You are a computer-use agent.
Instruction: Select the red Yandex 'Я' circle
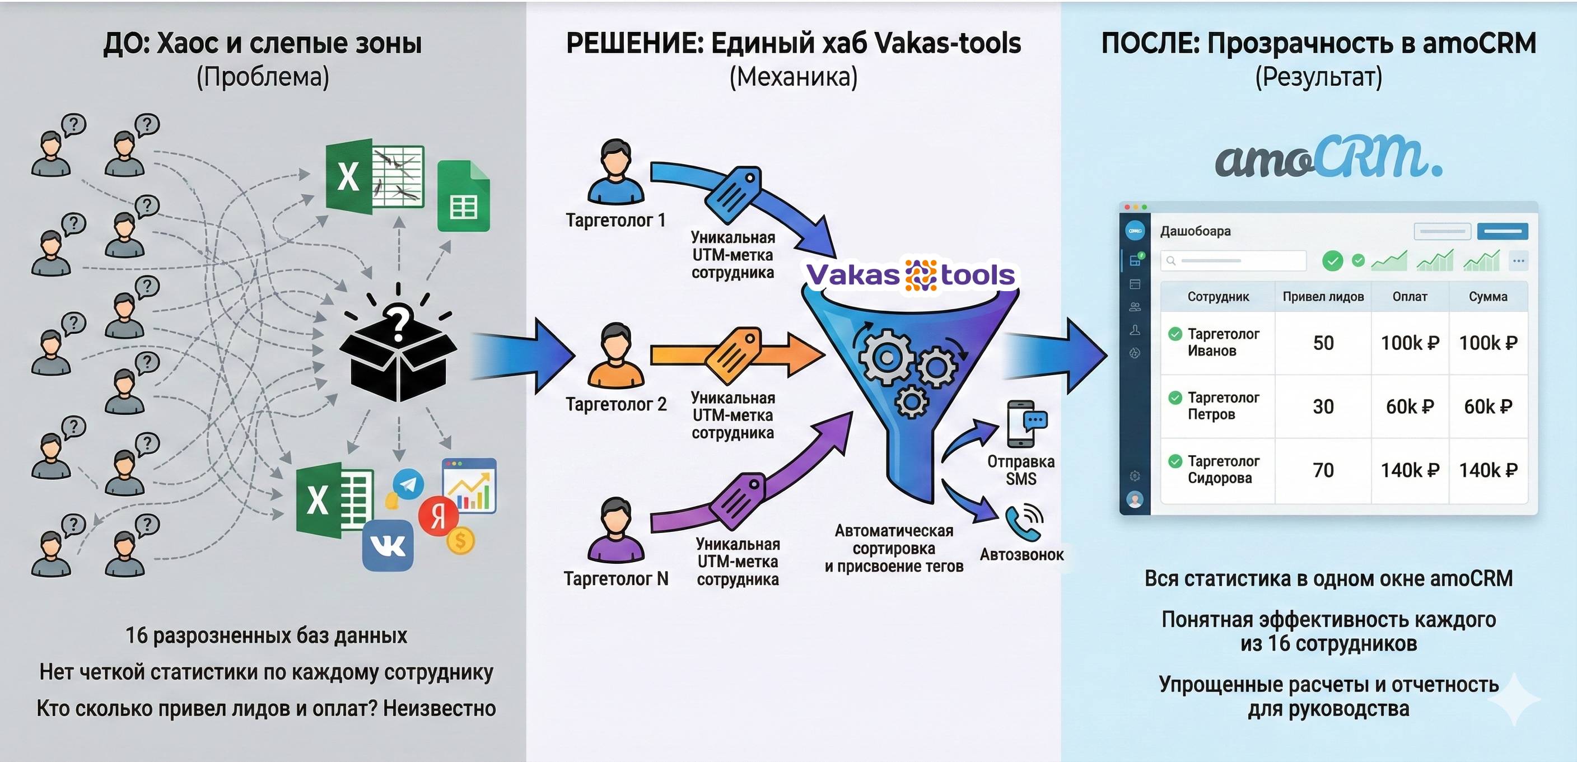pyautogui.click(x=438, y=516)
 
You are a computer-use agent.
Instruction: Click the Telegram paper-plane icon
pyautogui.click(x=408, y=484)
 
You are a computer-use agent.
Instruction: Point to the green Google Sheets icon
pyautogui.click(x=464, y=197)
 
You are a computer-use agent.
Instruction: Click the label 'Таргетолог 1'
pyautogui.click(x=615, y=221)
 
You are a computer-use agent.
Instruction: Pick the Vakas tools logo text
pyautogui.click(x=911, y=275)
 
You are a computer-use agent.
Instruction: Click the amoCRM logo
pyautogui.click(x=1328, y=157)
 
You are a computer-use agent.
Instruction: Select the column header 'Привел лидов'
pyautogui.click(x=1323, y=297)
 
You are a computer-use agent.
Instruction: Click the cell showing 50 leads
pyautogui.click(x=1323, y=343)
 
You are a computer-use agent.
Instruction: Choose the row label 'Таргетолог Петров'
pyautogui.click(x=1223, y=406)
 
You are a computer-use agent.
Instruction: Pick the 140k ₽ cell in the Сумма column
pyautogui.click(x=1488, y=470)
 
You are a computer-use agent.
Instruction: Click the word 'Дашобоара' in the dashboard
pyautogui.click(x=1195, y=231)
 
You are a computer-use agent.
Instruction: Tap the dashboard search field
pyautogui.click(x=1233, y=261)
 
